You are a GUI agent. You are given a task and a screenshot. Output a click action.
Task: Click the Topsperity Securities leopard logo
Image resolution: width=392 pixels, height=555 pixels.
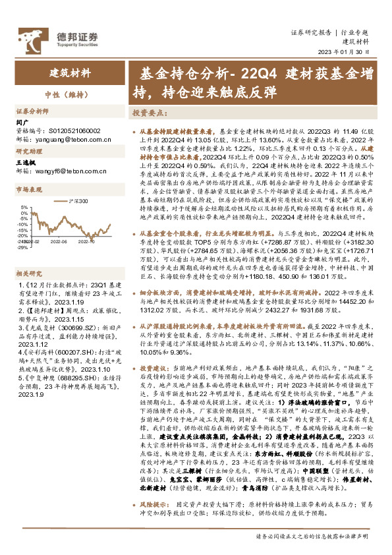click(x=29, y=35)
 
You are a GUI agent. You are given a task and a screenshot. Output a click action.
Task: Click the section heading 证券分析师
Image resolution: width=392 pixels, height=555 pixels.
click(x=33, y=111)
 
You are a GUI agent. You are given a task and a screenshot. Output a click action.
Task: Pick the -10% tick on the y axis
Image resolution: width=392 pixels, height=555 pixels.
click(x=22, y=224)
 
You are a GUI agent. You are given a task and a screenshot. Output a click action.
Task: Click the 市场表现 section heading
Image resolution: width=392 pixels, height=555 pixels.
click(x=28, y=189)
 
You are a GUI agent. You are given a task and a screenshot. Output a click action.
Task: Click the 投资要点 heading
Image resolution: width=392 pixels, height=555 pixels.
click(x=147, y=112)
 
